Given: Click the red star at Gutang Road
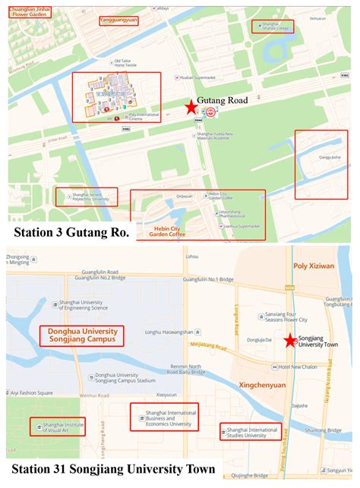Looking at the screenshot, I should (190, 108).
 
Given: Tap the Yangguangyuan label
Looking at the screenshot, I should (118, 21).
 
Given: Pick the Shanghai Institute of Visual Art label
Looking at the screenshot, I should (62, 427).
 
